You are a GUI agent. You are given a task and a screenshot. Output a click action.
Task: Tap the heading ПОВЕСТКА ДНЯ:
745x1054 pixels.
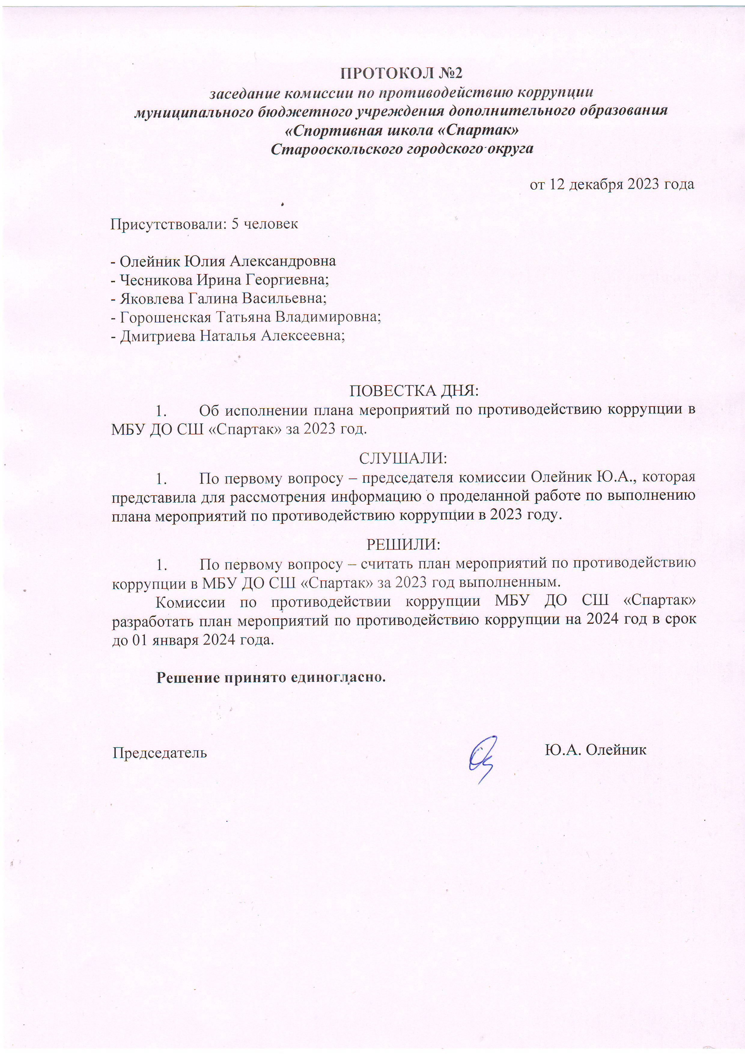(414, 391)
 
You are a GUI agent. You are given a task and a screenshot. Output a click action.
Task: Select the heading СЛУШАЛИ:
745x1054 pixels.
(403, 458)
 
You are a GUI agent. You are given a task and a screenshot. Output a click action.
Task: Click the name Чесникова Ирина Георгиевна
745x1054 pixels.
(224, 279)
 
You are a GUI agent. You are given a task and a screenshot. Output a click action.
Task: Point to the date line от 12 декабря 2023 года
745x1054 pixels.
(611, 184)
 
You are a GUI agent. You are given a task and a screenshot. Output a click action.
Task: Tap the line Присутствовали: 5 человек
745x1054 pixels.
(204, 224)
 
